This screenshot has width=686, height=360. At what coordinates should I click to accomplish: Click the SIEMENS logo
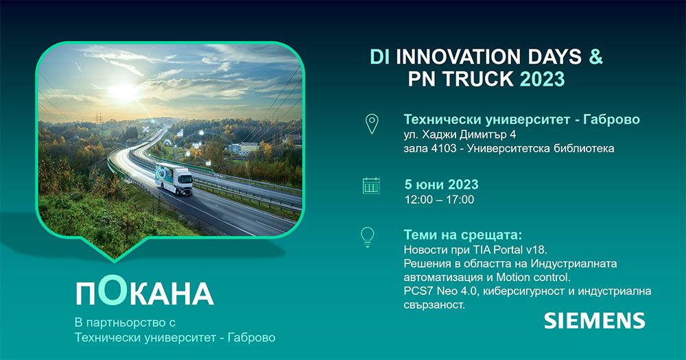pos(594,320)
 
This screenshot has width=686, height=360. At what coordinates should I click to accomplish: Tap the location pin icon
pos(371,123)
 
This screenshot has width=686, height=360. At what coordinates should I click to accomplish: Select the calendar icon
pos(371,185)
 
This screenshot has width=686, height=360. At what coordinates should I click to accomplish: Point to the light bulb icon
pos(368,237)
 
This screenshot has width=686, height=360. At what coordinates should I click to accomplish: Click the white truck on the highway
pos(174,181)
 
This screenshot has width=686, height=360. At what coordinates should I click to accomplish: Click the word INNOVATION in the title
pos(459,57)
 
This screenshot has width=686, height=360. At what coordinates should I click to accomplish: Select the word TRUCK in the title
pos(480,79)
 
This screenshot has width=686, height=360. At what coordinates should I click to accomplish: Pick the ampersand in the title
pos(595,57)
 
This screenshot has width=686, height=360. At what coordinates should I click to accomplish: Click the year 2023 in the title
pos(542,79)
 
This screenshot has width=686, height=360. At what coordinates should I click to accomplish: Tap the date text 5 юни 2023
pos(441,184)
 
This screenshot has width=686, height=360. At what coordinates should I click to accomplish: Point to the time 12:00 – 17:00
pos(439,200)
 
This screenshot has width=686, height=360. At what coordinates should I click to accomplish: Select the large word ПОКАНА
pos(144,292)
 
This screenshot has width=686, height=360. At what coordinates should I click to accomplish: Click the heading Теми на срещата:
pos(458,235)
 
